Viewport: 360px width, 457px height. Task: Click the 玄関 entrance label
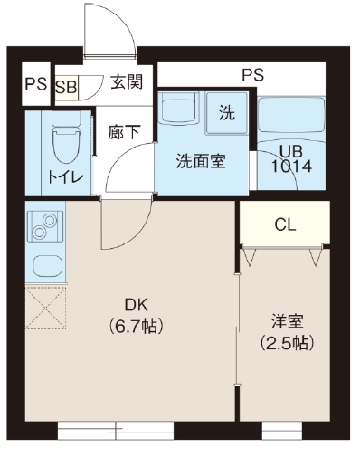click(x=126, y=82)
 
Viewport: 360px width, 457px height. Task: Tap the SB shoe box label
click(x=66, y=87)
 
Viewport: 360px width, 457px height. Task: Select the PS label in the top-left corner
click(x=35, y=85)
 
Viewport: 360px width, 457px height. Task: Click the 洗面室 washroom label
click(x=200, y=163)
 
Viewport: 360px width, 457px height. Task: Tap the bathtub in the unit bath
click(x=289, y=117)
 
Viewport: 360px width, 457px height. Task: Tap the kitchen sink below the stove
click(x=43, y=265)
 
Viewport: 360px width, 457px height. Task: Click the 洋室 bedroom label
click(x=286, y=321)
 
